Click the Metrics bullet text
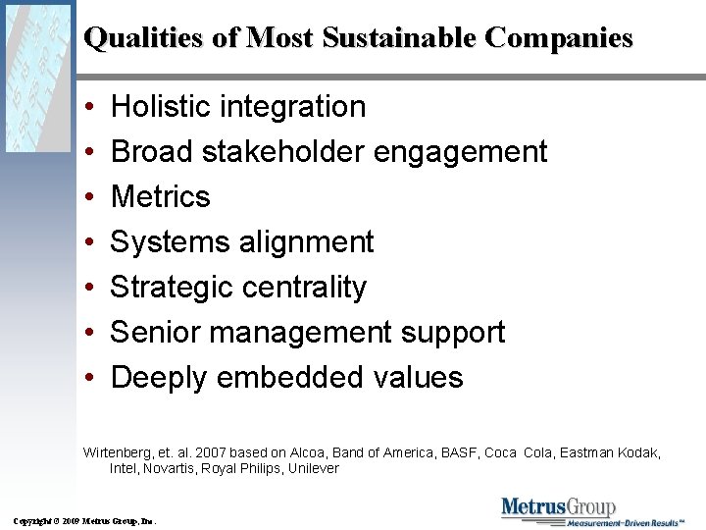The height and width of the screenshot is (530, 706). click(161, 196)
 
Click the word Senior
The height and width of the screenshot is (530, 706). click(155, 332)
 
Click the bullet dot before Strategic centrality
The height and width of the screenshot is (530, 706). click(89, 288)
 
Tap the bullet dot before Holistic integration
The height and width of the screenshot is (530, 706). click(89, 107)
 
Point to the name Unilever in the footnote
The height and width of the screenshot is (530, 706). click(310, 469)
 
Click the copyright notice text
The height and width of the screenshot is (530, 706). click(84, 519)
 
